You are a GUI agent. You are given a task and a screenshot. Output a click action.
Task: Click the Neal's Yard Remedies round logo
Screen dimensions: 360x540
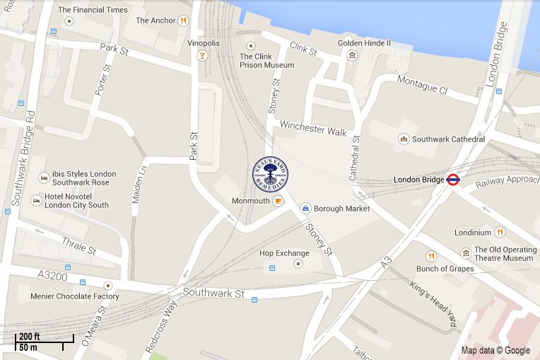(271, 173)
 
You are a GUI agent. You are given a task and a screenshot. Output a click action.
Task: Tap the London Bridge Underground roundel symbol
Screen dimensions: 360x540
(454, 180)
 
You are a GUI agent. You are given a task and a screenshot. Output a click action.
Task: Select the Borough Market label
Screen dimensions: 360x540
(342, 209)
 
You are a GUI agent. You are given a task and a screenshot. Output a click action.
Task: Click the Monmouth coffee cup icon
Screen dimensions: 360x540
(278, 201)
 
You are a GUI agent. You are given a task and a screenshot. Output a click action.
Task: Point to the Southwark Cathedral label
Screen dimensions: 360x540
(448, 139)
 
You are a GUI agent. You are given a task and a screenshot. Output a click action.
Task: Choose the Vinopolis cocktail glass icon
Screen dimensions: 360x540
(202, 56)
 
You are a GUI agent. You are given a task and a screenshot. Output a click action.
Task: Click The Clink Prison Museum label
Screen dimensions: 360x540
(266, 61)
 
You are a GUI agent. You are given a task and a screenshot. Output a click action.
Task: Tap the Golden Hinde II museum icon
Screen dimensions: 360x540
(352, 56)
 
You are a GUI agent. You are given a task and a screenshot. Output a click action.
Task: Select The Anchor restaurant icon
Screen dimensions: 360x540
(183, 21)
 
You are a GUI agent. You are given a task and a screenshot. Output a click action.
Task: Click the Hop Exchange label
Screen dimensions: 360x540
(284, 253)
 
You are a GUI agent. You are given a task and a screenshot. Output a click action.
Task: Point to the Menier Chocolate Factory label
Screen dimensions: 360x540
(74, 296)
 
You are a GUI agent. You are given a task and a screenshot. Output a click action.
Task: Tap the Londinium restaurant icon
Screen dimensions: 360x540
(500, 232)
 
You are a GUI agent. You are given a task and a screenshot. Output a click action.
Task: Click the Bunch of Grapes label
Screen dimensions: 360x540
(445, 269)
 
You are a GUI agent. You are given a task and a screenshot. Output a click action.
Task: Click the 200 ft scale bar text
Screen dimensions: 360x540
(30, 336)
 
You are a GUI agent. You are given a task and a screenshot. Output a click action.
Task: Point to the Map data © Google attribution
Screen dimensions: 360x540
(495, 350)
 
